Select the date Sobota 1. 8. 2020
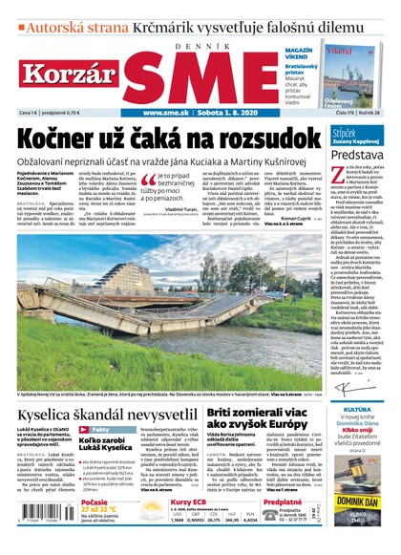[x=230, y=113]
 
